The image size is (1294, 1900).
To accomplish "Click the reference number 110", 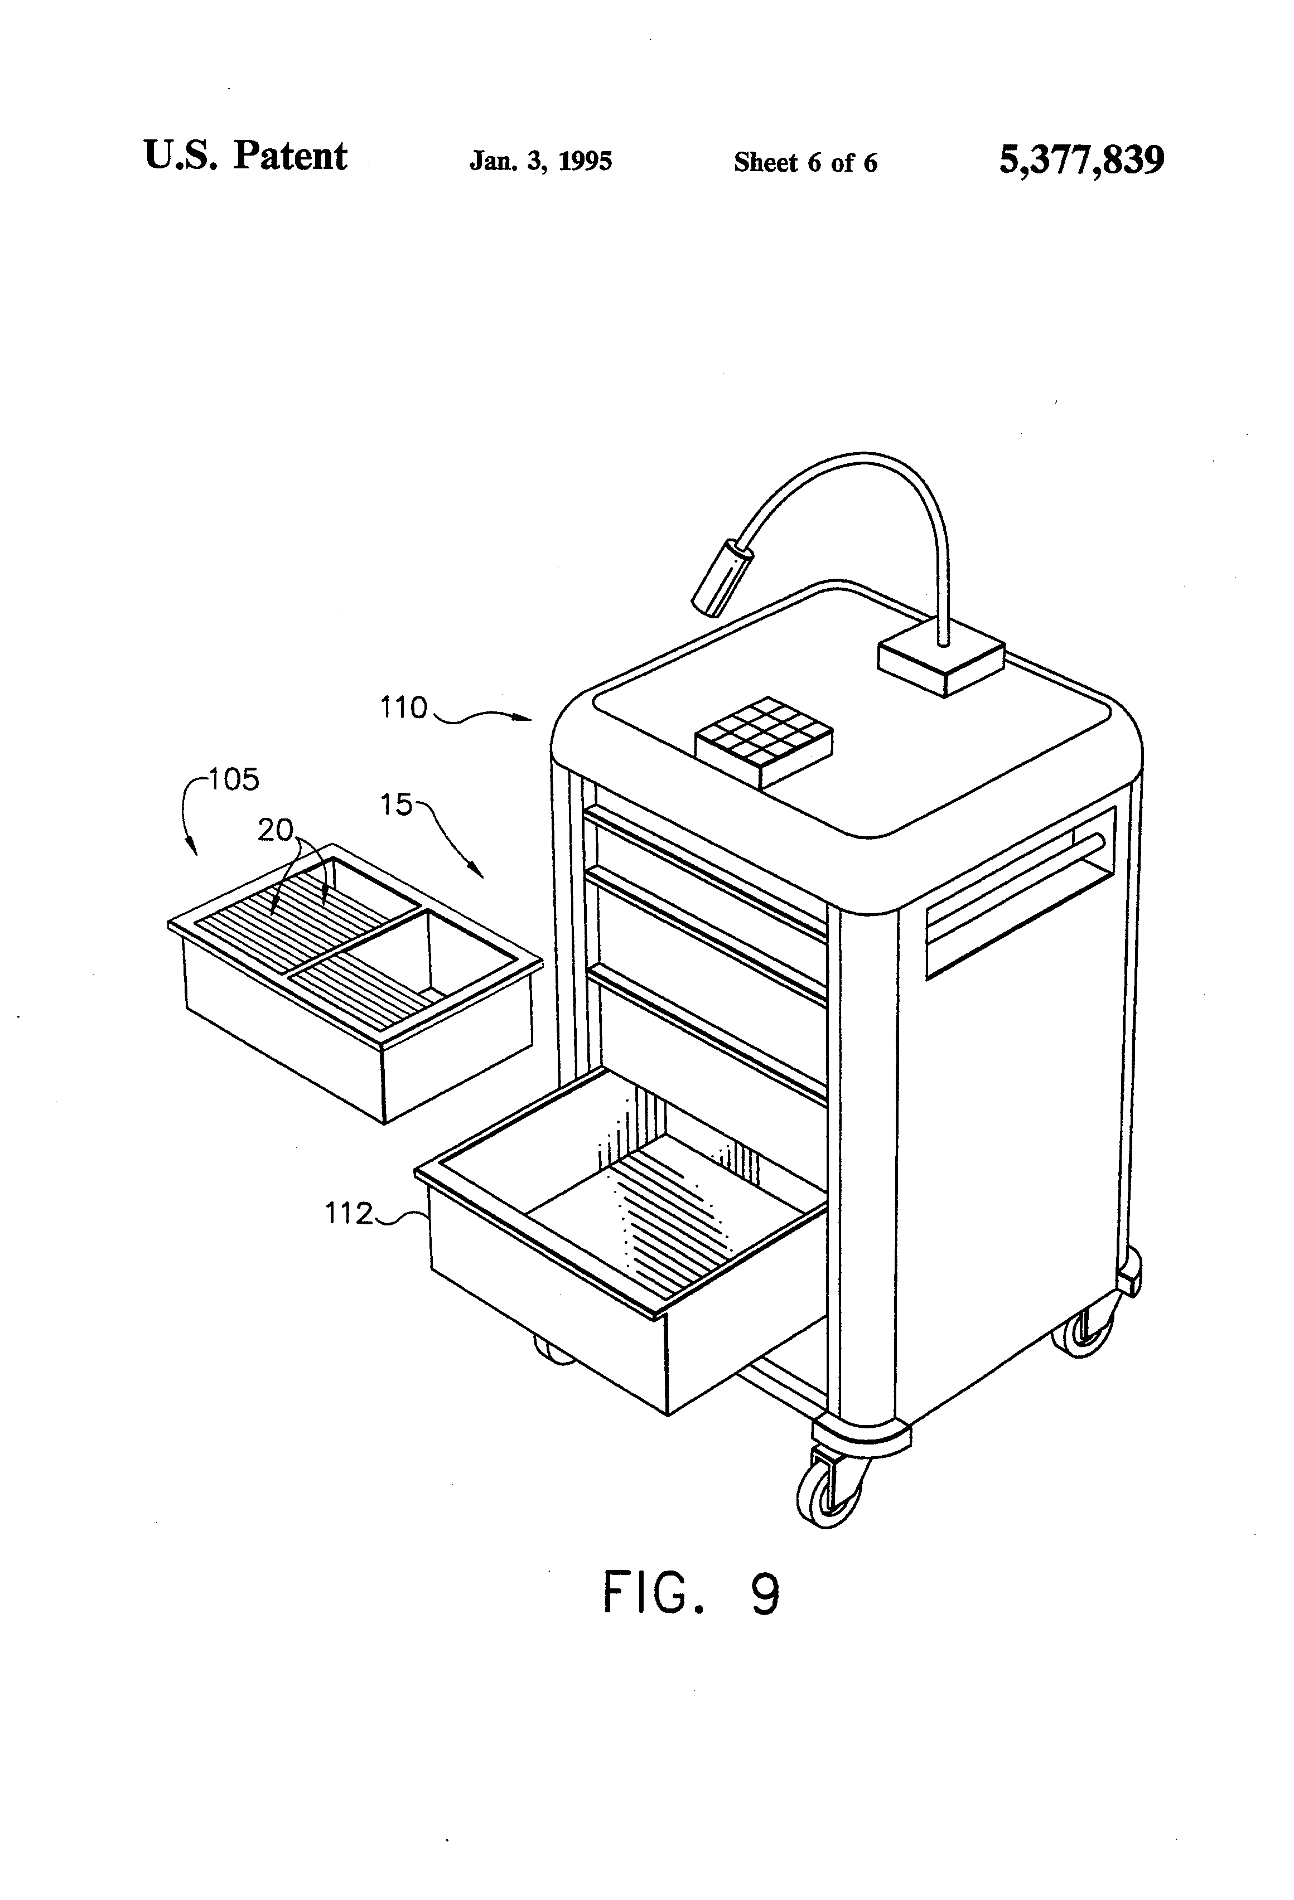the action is (x=403, y=707).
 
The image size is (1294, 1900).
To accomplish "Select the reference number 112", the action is (x=349, y=1213).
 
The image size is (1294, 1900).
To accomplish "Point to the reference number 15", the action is (x=396, y=805).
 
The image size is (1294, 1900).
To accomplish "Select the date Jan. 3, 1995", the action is (x=540, y=161).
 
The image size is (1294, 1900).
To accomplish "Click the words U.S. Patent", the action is (x=245, y=156).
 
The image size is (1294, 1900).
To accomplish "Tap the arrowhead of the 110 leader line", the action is (x=528, y=718).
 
